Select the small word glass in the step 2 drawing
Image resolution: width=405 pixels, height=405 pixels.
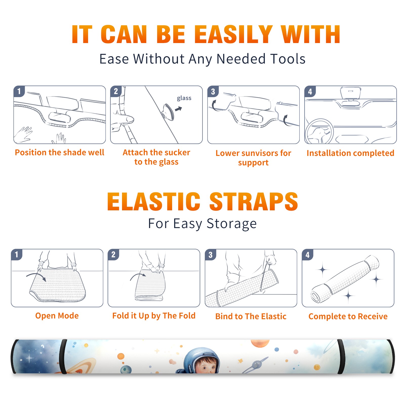pos(184,98)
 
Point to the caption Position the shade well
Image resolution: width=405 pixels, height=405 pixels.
pos(59,152)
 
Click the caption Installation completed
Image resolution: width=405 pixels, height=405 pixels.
pos(350,153)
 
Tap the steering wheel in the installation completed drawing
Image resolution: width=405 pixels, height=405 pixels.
pos(319,131)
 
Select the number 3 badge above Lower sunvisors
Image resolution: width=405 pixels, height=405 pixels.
pos(213,91)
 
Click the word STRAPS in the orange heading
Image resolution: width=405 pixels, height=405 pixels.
pos(254,201)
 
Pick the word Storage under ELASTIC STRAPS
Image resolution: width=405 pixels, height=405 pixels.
pos(232,224)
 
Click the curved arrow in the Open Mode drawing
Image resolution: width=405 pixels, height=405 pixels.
pos(36,276)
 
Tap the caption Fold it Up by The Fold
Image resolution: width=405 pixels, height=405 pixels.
pos(154,316)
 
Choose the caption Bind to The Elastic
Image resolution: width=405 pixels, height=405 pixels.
pos(251,316)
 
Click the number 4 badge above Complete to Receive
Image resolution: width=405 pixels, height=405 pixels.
pos(308,255)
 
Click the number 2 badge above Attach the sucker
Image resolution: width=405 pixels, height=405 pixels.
pos(116,91)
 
